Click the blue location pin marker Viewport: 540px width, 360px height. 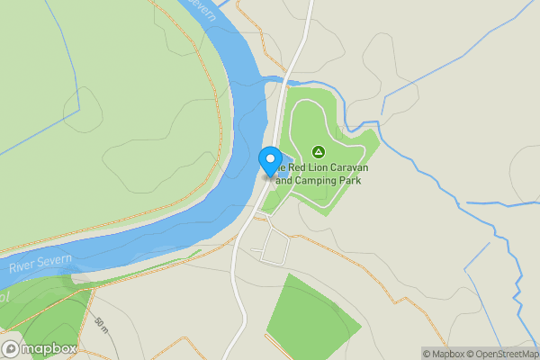(270, 160)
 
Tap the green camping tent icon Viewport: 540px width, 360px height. (317, 151)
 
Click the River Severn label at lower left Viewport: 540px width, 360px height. (41, 264)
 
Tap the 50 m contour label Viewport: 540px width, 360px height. (99, 323)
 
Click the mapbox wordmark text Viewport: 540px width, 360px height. (49, 349)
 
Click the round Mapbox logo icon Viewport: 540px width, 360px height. (11, 349)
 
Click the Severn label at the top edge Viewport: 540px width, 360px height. (206, 9)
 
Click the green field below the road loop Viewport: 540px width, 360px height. (306, 315)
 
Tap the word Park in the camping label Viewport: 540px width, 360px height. (357, 180)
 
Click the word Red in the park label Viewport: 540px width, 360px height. (295, 167)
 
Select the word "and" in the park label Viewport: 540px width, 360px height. (285, 180)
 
